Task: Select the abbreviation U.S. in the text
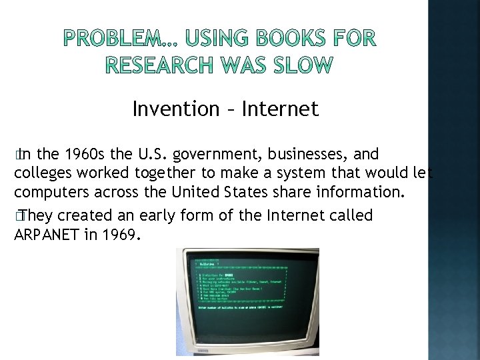(x=153, y=155)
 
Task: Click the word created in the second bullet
(x=85, y=215)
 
